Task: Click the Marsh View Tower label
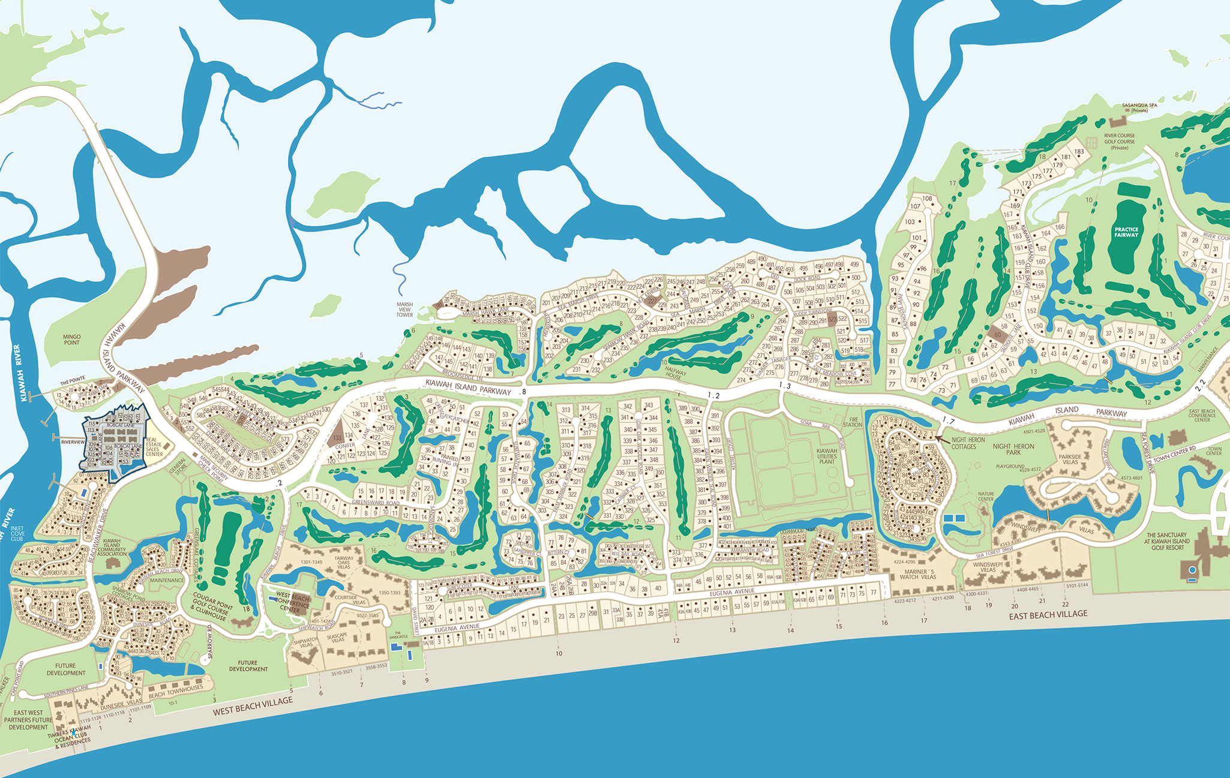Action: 404,310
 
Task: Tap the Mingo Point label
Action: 71,340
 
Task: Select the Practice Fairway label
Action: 1126,232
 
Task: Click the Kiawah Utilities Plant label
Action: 827,456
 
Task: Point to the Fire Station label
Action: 852,422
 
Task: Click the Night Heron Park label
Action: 1013,449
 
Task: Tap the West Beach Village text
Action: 253,706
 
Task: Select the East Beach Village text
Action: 1048,615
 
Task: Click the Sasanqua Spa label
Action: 1139,107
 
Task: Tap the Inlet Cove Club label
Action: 17,533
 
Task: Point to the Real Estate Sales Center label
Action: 154,447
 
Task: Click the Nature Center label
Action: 986,497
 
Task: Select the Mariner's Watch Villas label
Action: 919,574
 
